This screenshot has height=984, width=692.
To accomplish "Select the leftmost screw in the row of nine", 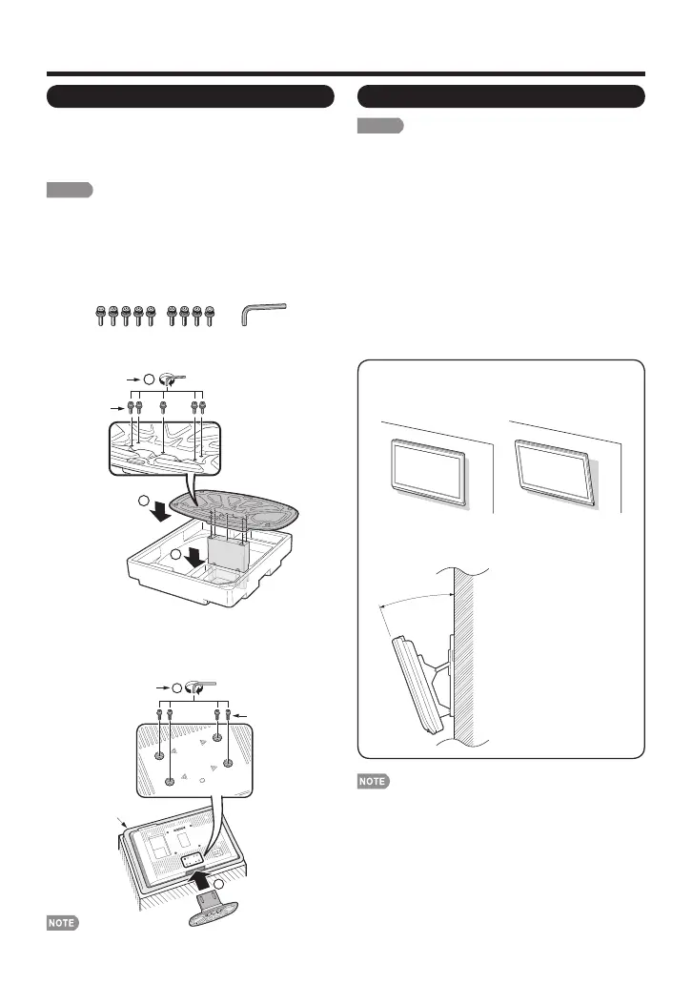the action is pyautogui.click(x=101, y=316).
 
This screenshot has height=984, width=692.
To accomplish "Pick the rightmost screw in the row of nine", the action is pyautogui.click(x=208, y=316).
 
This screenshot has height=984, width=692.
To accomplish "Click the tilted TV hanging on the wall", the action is pyautogui.click(x=556, y=472).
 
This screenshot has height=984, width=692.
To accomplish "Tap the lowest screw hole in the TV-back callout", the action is pyautogui.click(x=170, y=780).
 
